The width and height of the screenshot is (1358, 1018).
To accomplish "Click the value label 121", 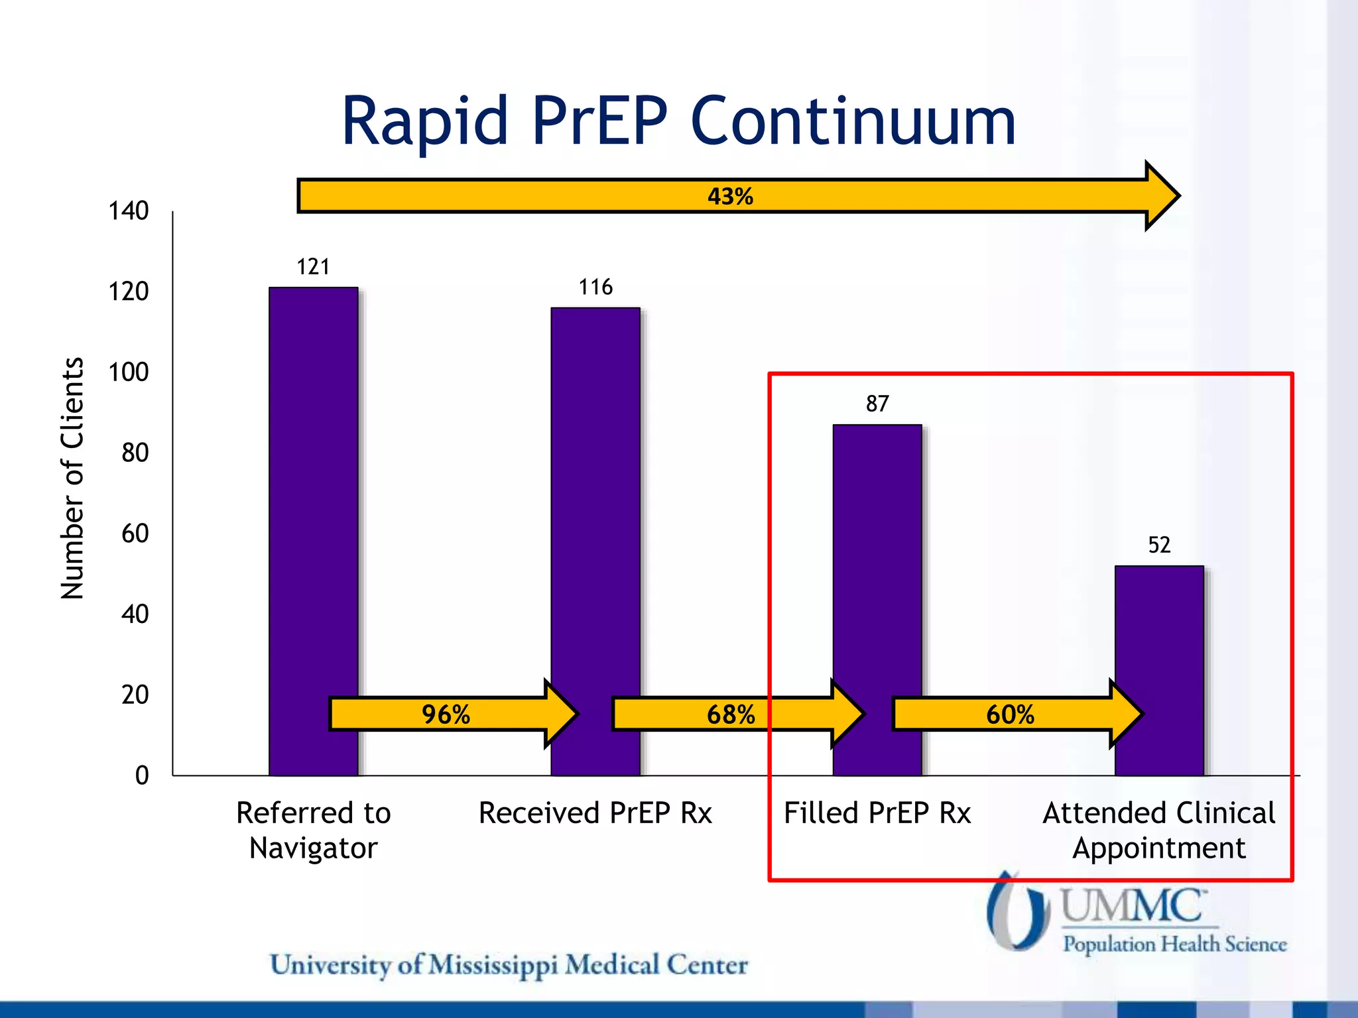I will click(313, 266).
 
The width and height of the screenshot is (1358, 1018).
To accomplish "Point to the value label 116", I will click(595, 287).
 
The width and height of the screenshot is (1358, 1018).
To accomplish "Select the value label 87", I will click(877, 404).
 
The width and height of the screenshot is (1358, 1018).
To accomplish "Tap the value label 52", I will click(1159, 545).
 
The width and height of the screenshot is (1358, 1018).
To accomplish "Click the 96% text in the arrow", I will click(446, 714).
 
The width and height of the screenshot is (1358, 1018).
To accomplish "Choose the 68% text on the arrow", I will click(730, 714).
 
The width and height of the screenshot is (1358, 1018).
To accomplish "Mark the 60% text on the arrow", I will click(1009, 714).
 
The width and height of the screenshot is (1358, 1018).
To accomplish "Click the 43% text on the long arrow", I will click(730, 196).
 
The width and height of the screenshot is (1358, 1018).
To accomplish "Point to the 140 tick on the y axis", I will click(128, 211).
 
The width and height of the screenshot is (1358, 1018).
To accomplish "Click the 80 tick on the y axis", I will click(135, 453).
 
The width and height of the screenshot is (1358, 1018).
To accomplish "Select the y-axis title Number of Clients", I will click(72, 479).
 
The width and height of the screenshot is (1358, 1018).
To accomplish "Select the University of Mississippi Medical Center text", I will click(509, 965).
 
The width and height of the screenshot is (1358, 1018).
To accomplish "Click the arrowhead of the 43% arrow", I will click(1162, 196).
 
